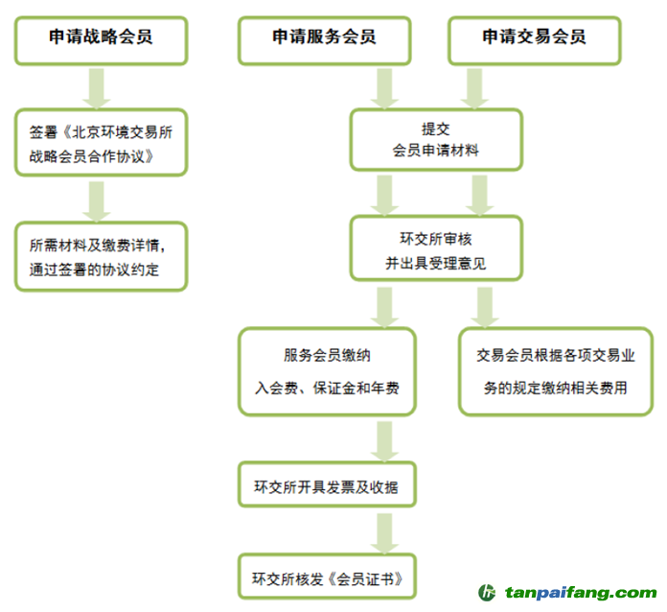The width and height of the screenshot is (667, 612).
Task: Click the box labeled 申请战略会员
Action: [x=101, y=38]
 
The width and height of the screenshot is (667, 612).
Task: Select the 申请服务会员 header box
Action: [x=324, y=38]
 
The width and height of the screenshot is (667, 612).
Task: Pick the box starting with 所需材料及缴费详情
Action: [x=101, y=257]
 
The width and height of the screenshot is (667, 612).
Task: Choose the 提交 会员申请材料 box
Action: [x=436, y=139]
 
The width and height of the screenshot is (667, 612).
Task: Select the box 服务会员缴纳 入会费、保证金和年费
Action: [x=327, y=371]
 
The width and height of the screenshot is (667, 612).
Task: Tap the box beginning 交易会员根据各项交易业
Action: [x=556, y=371]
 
